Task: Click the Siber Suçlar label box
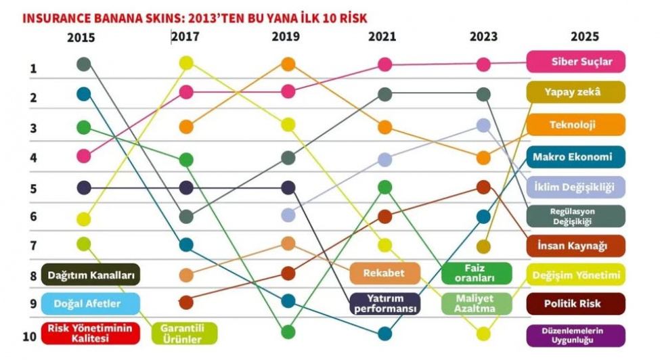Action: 575,62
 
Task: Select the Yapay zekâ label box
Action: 575,92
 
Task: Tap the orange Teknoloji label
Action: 575,125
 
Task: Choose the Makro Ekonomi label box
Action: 575,157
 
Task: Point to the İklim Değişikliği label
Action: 575,187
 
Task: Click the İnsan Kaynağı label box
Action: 575,245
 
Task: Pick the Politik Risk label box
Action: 575,304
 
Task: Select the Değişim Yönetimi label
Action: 575,274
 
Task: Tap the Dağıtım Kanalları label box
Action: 90,275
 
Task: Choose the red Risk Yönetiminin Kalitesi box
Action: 90,333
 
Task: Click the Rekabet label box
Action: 384,273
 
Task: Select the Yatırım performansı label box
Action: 385,303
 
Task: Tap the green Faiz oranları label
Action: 476,273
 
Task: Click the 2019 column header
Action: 285,37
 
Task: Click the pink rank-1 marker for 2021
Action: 384,64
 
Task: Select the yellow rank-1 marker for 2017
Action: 187,63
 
